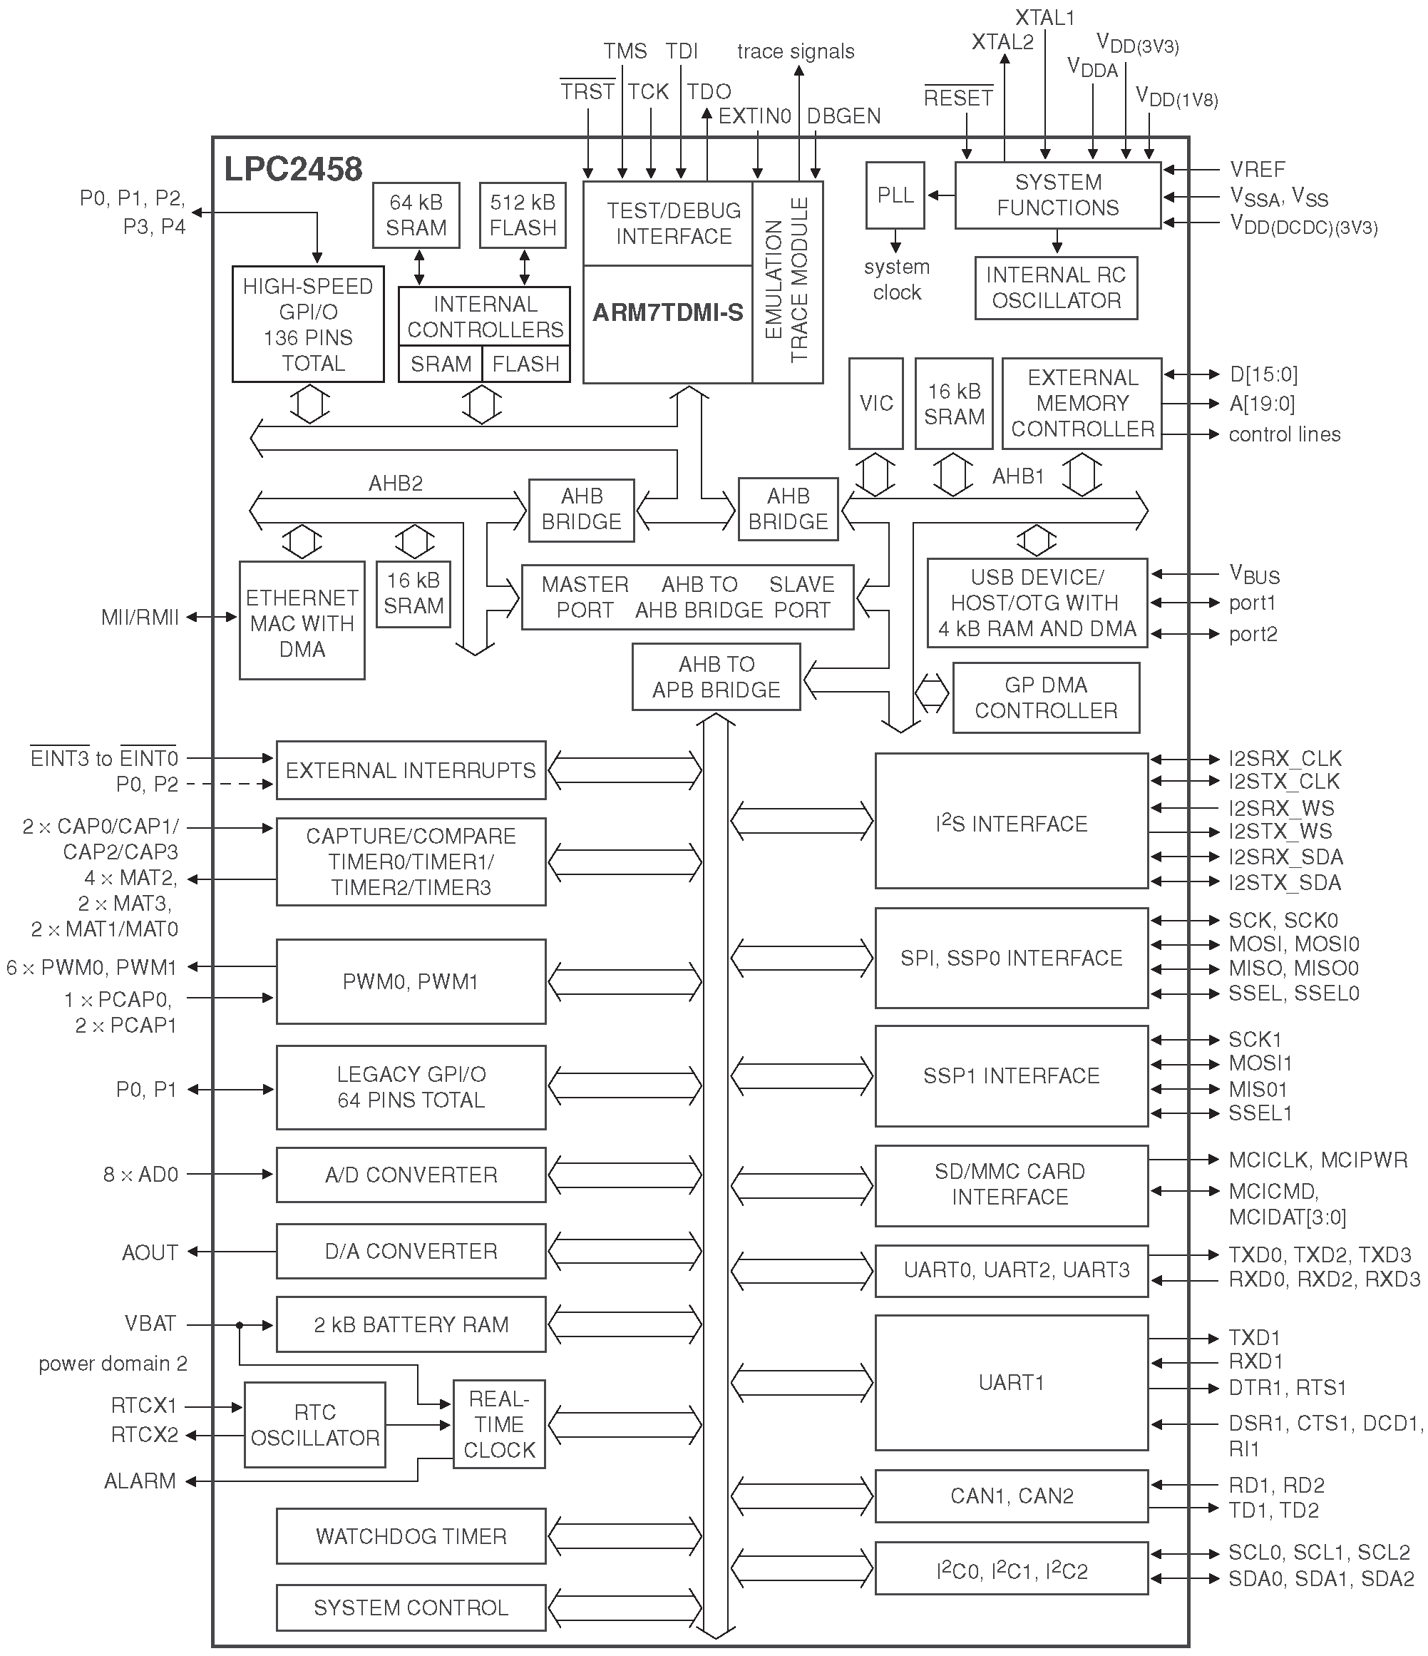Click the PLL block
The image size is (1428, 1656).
pos(895,196)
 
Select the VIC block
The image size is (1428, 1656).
pos(875,403)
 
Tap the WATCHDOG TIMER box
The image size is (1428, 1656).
pos(411,1535)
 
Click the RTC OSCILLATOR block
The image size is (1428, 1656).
pos(315,1425)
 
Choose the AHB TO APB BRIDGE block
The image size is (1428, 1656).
pos(716,677)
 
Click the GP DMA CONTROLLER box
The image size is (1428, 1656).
pos(1046,697)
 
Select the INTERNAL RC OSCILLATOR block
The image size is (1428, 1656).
pos(1056,287)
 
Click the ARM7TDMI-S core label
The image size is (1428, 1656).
pos(668,312)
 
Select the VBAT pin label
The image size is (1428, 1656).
pos(150,1324)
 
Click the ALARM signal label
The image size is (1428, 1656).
pos(140,1481)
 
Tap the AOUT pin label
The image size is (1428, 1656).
pos(150,1252)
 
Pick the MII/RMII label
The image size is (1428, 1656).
pos(140,617)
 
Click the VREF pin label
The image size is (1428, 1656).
pos(1257,170)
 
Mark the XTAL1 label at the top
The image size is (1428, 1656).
pos(1044,18)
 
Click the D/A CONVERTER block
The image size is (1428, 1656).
pos(411,1251)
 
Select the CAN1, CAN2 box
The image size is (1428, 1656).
pos(1012,1496)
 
